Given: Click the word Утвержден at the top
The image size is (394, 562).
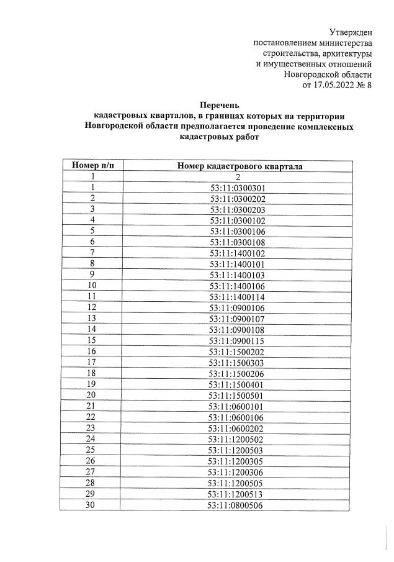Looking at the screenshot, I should tap(351, 32).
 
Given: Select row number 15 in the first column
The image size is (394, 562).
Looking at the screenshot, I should tap(92, 340).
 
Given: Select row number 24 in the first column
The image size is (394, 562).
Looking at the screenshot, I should tap(92, 438).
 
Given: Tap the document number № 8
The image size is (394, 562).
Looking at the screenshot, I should tap(364, 85).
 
